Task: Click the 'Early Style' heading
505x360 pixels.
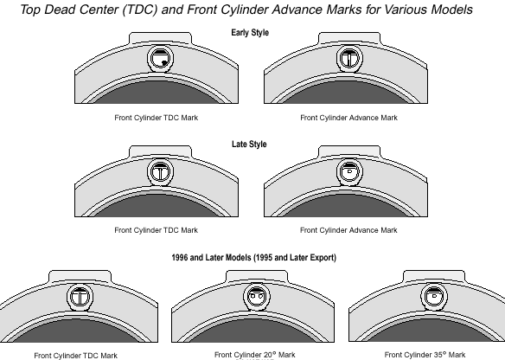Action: (250, 33)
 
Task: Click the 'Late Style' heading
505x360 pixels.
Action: (249, 144)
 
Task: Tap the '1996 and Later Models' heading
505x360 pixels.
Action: (223, 258)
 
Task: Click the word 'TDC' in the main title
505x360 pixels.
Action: (140, 10)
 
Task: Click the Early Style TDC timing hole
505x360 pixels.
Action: (160, 59)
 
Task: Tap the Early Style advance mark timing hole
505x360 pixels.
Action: (349, 59)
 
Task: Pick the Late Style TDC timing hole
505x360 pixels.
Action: (160, 172)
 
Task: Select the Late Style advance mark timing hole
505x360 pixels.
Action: (349, 172)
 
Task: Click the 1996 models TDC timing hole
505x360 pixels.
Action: (80, 297)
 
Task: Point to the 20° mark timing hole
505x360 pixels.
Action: (257, 297)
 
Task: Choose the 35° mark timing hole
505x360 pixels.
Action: (434, 297)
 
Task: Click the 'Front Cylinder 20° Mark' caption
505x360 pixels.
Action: (255, 355)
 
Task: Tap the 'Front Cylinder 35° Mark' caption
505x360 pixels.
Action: (425, 355)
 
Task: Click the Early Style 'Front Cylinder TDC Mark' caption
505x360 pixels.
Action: (157, 118)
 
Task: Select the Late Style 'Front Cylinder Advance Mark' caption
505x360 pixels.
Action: (348, 230)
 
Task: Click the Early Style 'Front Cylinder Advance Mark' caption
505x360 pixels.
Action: (348, 118)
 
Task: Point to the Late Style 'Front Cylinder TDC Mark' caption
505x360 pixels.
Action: (157, 230)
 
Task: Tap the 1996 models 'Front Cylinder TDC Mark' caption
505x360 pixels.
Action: (76, 356)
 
